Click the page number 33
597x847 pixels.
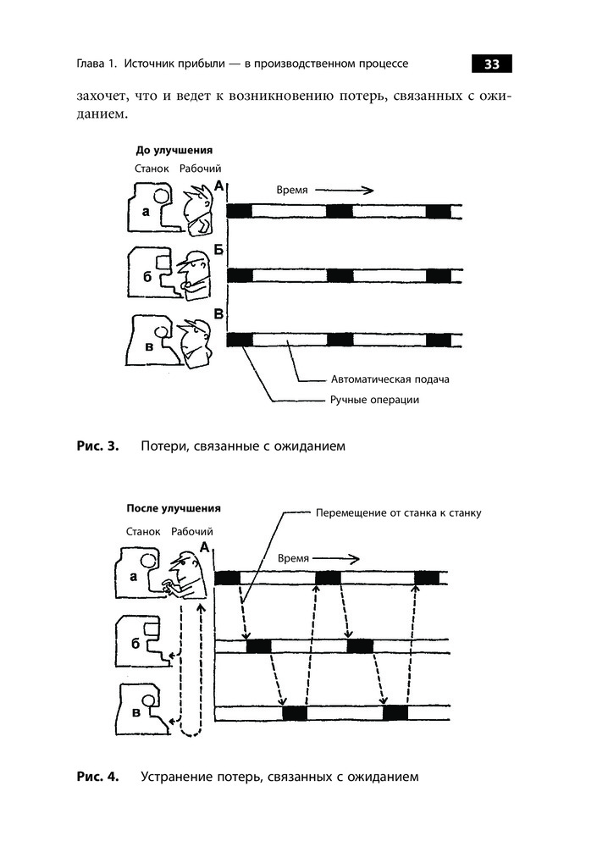click(491, 64)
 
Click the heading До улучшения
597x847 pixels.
click(174, 150)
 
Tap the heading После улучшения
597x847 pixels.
click(174, 509)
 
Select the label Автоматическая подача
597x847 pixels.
click(386, 379)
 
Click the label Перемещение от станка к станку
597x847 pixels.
click(398, 513)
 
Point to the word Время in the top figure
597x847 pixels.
click(292, 191)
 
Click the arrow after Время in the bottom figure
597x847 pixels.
click(337, 559)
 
